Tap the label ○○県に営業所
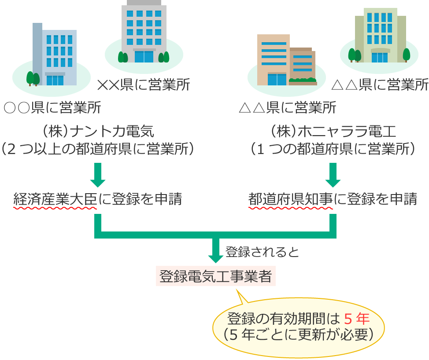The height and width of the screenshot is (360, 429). pos(52,107)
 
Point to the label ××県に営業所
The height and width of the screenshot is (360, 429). pos(144,84)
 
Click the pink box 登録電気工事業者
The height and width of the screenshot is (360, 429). pos(215,277)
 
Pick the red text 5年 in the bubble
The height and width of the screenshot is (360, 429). pos(356,318)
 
